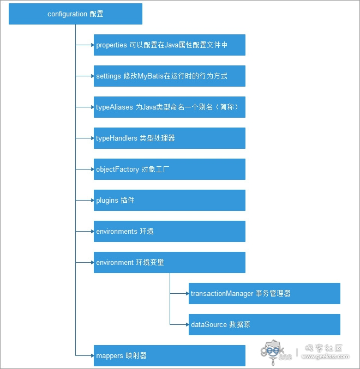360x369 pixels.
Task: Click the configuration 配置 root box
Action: point(75,14)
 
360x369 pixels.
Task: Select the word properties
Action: point(111,45)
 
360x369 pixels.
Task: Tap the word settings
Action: point(109,76)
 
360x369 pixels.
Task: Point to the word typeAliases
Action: point(115,107)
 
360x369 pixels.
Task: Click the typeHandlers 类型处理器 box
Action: point(170,138)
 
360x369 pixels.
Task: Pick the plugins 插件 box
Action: point(170,200)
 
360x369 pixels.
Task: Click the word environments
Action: point(117,231)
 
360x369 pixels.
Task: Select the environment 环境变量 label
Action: point(130,262)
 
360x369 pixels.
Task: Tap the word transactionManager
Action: point(222,293)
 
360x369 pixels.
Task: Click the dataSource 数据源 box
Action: point(265,324)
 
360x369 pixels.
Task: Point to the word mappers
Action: point(110,355)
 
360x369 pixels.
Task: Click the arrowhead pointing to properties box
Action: point(92,45)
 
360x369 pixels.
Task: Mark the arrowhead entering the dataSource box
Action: point(187,324)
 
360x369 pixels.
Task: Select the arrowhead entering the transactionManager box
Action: point(187,293)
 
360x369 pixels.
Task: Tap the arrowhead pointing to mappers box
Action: point(92,355)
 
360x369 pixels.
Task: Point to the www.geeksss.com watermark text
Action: point(326,356)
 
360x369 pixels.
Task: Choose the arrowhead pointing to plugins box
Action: point(92,200)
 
